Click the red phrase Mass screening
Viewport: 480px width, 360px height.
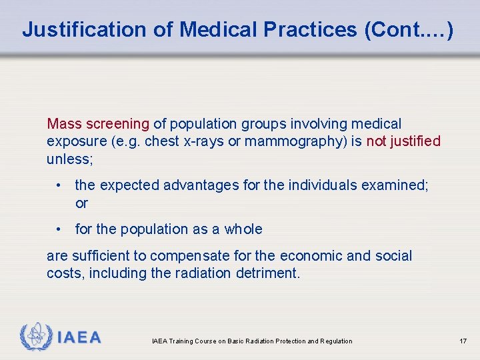point(98,123)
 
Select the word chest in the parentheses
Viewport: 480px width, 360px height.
point(161,141)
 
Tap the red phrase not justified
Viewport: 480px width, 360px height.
point(403,141)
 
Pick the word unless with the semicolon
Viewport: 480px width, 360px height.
point(69,159)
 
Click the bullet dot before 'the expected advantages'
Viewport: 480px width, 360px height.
point(60,185)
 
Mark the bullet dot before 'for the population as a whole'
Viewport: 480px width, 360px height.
point(60,229)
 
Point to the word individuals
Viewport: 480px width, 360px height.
point(322,185)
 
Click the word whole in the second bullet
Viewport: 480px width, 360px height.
point(243,229)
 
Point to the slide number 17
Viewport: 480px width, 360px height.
point(463,341)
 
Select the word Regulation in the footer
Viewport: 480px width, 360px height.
point(336,341)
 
